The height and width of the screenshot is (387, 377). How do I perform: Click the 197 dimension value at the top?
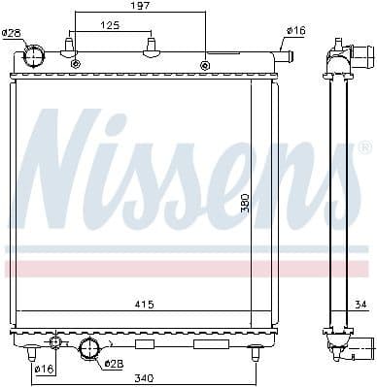click(x=141, y=7)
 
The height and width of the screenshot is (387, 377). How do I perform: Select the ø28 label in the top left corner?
click(x=12, y=34)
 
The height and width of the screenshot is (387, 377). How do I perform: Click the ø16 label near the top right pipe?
click(x=296, y=31)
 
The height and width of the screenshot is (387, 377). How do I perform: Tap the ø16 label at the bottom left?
click(x=44, y=369)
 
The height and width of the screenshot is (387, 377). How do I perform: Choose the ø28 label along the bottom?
click(x=115, y=364)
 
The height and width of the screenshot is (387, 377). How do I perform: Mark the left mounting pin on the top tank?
click(x=70, y=47)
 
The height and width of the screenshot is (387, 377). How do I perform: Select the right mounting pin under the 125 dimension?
click(x=151, y=47)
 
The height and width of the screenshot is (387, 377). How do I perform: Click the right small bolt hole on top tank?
click(x=204, y=65)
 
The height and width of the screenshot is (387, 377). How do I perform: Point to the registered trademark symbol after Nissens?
click(x=363, y=147)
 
